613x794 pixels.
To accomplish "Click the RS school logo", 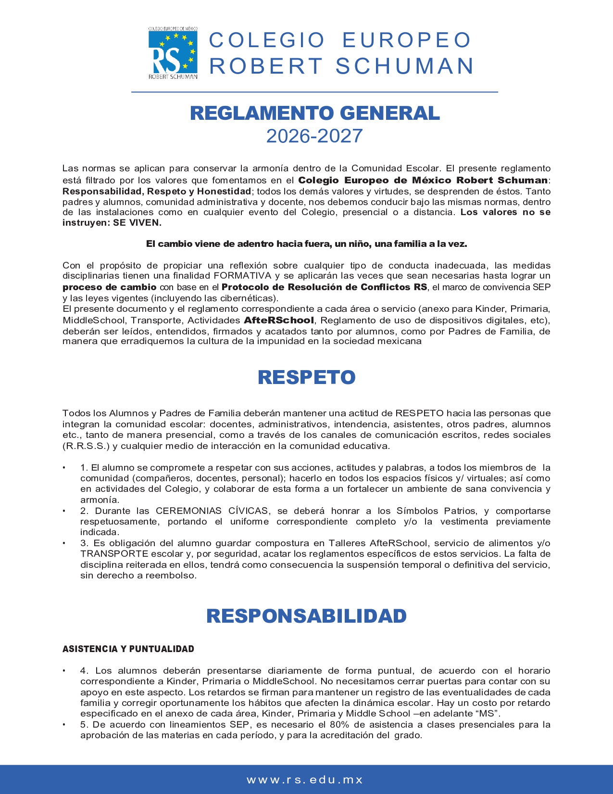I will [x=173, y=53].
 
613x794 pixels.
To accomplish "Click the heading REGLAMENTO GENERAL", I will [x=315, y=113].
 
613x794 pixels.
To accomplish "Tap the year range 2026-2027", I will [x=314, y=136].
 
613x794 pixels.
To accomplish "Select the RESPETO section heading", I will [x=306, y=377].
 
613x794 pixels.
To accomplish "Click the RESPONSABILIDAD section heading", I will [x=306, y=616].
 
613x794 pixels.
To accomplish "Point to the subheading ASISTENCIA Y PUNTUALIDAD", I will [x=128, y=649].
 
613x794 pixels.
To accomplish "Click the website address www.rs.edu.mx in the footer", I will [x=305, y=780].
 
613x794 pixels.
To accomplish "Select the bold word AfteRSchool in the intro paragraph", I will [x=279, y=320].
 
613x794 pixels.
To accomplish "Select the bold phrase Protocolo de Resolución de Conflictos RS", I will [x=324, y=287].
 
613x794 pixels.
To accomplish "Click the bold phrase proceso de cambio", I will [x=110, y=287].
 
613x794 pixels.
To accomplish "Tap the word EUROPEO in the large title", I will [x=407, y=40].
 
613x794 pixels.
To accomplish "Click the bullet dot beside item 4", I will [x=64, y=671].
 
